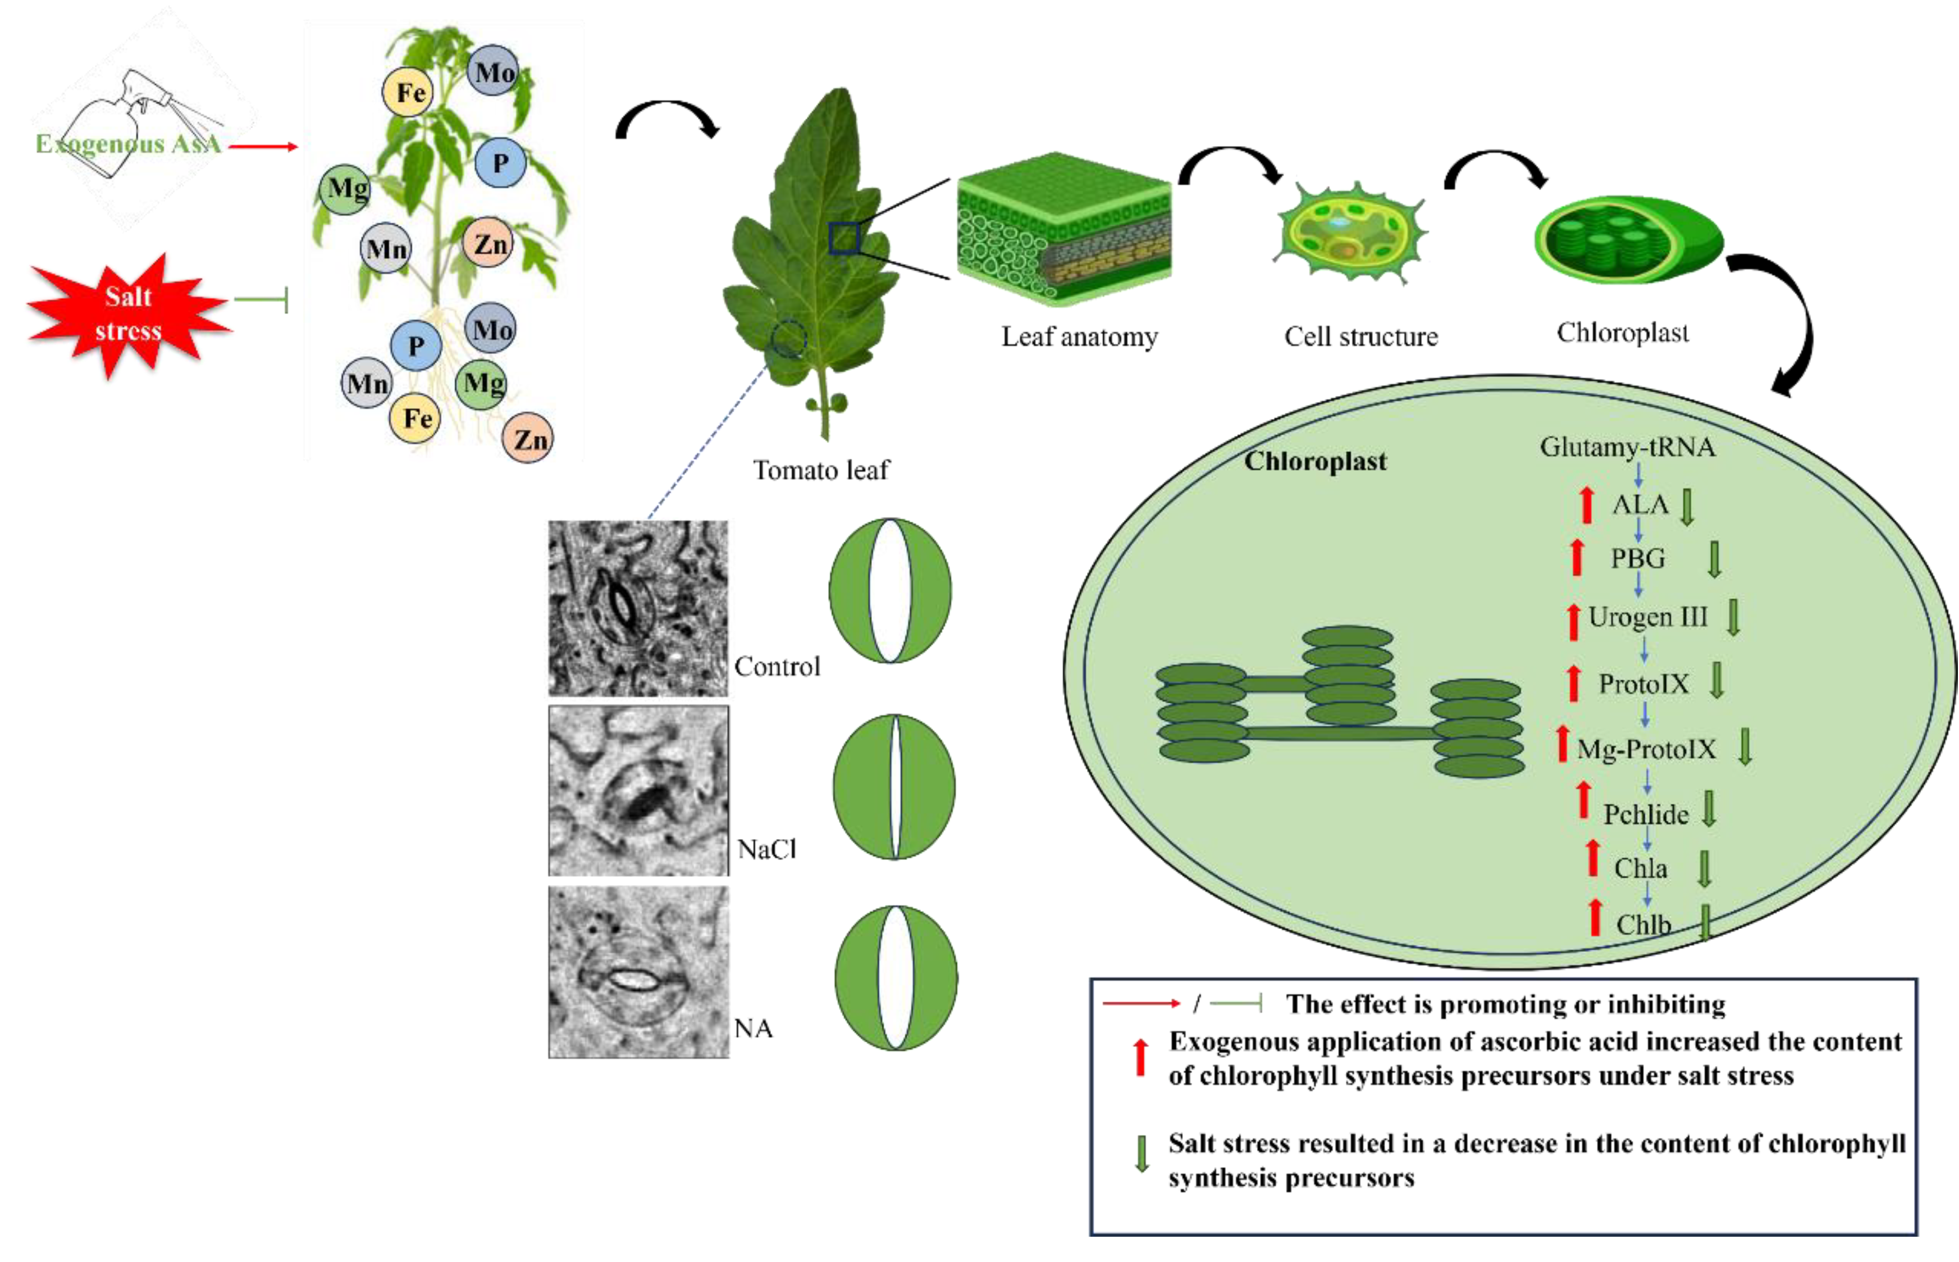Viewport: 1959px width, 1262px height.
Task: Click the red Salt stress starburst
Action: pyautogui.click(x=128, y=315)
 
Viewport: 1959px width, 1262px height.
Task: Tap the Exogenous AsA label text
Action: pyautogui.click(x=128, y=144)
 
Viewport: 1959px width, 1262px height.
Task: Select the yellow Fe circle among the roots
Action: pyautogui.click(x=416, y=419)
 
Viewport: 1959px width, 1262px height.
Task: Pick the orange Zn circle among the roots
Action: pyautogui.click(x=528, y=439)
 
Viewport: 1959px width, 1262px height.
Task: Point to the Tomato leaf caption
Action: pyautogui.click(x=820, y=471)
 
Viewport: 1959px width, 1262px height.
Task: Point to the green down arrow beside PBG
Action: pyautogui.click(x=1713, y=559)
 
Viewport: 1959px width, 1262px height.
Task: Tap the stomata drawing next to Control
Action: pyautogui.click(x=890, y=590)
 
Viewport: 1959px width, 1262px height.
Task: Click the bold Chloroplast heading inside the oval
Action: pyautogui.click(x=1314, y=461)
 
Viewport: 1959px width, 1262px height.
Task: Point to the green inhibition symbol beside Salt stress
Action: pyautogui.click(x=262, y=300)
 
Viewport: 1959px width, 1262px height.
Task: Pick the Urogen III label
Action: pyautogui.click(x=1647, y=617)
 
